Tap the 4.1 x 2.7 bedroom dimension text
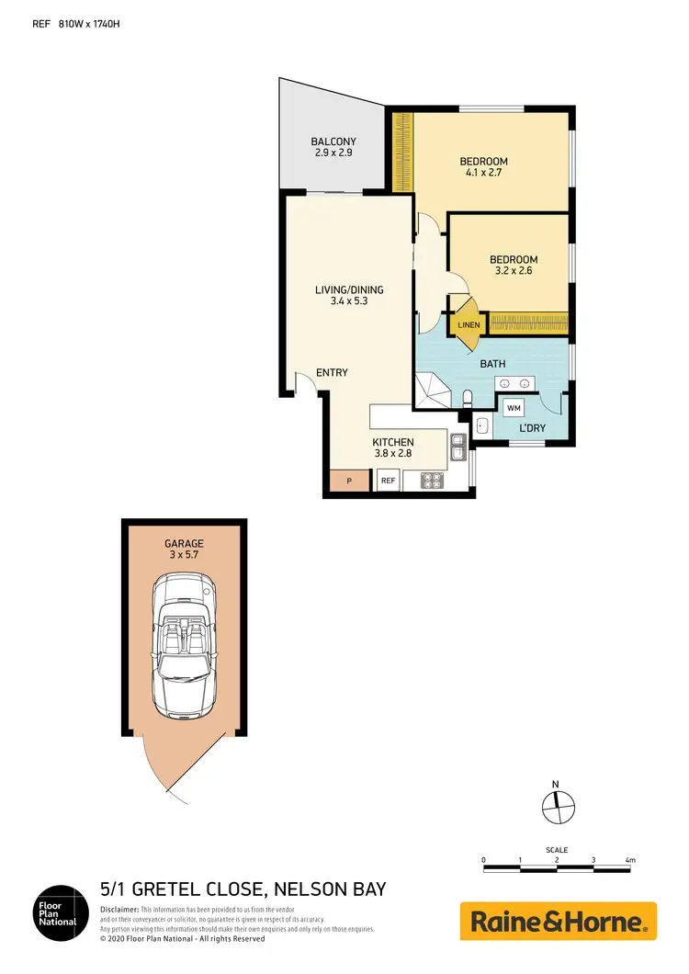coord(483,173)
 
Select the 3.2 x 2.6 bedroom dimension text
coord(514,271)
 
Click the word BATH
coord(492,364)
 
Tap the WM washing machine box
coord(513,406)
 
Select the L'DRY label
coord(533,429)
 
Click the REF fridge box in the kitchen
coord(388,480)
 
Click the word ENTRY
coord(332,372)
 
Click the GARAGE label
coord(184,544)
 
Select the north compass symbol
coord(557,806)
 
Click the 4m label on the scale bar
coord(630,860)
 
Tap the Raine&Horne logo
coord(558,921)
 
